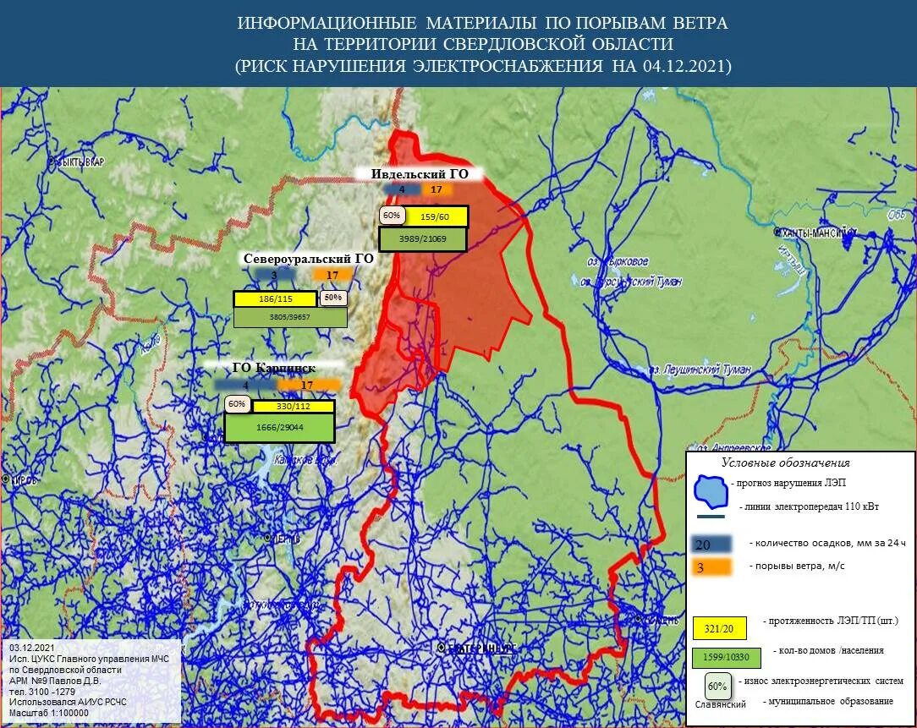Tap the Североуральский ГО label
[308, 259]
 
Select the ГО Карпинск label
[274, 369]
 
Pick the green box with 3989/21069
[422, 239]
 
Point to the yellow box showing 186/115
[275, 299]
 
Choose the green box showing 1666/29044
[279, 428]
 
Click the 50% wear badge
[332, 298]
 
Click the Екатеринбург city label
[478, 649]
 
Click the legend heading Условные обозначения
[785, 463]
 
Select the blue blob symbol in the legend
[711, 490]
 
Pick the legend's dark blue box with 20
[711, 544]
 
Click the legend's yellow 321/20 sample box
[719, 627]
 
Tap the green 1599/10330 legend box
[726, 657]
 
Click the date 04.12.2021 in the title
[686, 66]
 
